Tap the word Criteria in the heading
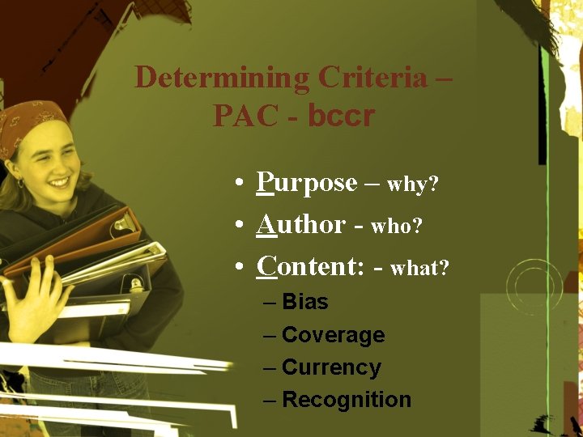point(372,78)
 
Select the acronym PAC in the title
point(243,116)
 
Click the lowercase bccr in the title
point(341,116)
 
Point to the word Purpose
point(307,183)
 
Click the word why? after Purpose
point(413,185)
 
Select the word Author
point(300,224)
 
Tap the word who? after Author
point(397,227)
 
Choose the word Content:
point(310,265)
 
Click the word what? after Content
point(419,268)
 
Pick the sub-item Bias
point(305,302)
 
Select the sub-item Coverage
point(333,335)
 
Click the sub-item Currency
point(331,367)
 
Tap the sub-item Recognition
point(347,400)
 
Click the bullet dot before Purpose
point(241,185)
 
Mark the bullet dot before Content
point(241,267)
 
